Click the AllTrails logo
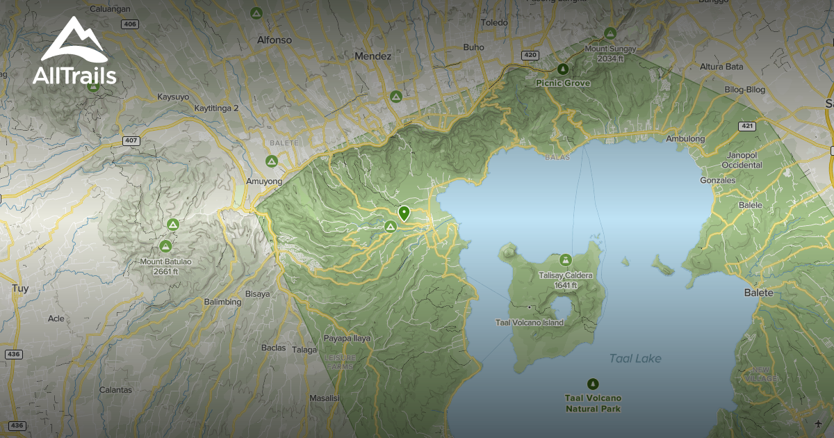pyautogui.click(x=74, y=51)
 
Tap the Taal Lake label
pyautogui.click(x=635, y=359)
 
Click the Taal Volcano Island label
pyautogui.click(x=529, y=323)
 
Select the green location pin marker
pyautogui.click(x=404, y=213)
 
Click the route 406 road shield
pyautogui.click(x=129, y=24)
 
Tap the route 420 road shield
pyautogui.click(x=530, y=54)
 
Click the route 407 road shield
pyautogui.click(x=131, y=141)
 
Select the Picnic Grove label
pyautogui.click(x=563, y=83)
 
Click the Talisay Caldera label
pyautogui.click(x=566, y=279)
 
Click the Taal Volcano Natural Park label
pyautogui.click(x=593, y=403)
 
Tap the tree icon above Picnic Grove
pyautogui.click(x=563, y=69)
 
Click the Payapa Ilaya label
pyautogui.click(x=347, y=339)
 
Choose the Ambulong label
pyautogui.click(x=685, y=139)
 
